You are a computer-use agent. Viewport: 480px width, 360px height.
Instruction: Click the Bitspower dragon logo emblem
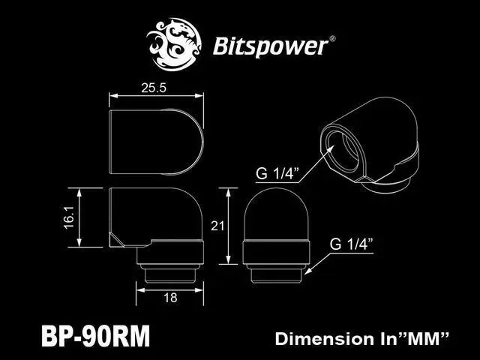(177, 43)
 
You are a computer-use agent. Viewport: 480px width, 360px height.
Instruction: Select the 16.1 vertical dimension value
(88, 217)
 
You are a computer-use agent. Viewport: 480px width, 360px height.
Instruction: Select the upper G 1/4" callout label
(277, 175)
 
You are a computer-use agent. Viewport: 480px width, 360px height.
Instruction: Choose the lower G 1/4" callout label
(352, 244)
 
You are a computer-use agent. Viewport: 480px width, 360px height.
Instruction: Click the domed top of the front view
(275, 214)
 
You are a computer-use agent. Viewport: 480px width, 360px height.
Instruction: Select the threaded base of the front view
(275, 262)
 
